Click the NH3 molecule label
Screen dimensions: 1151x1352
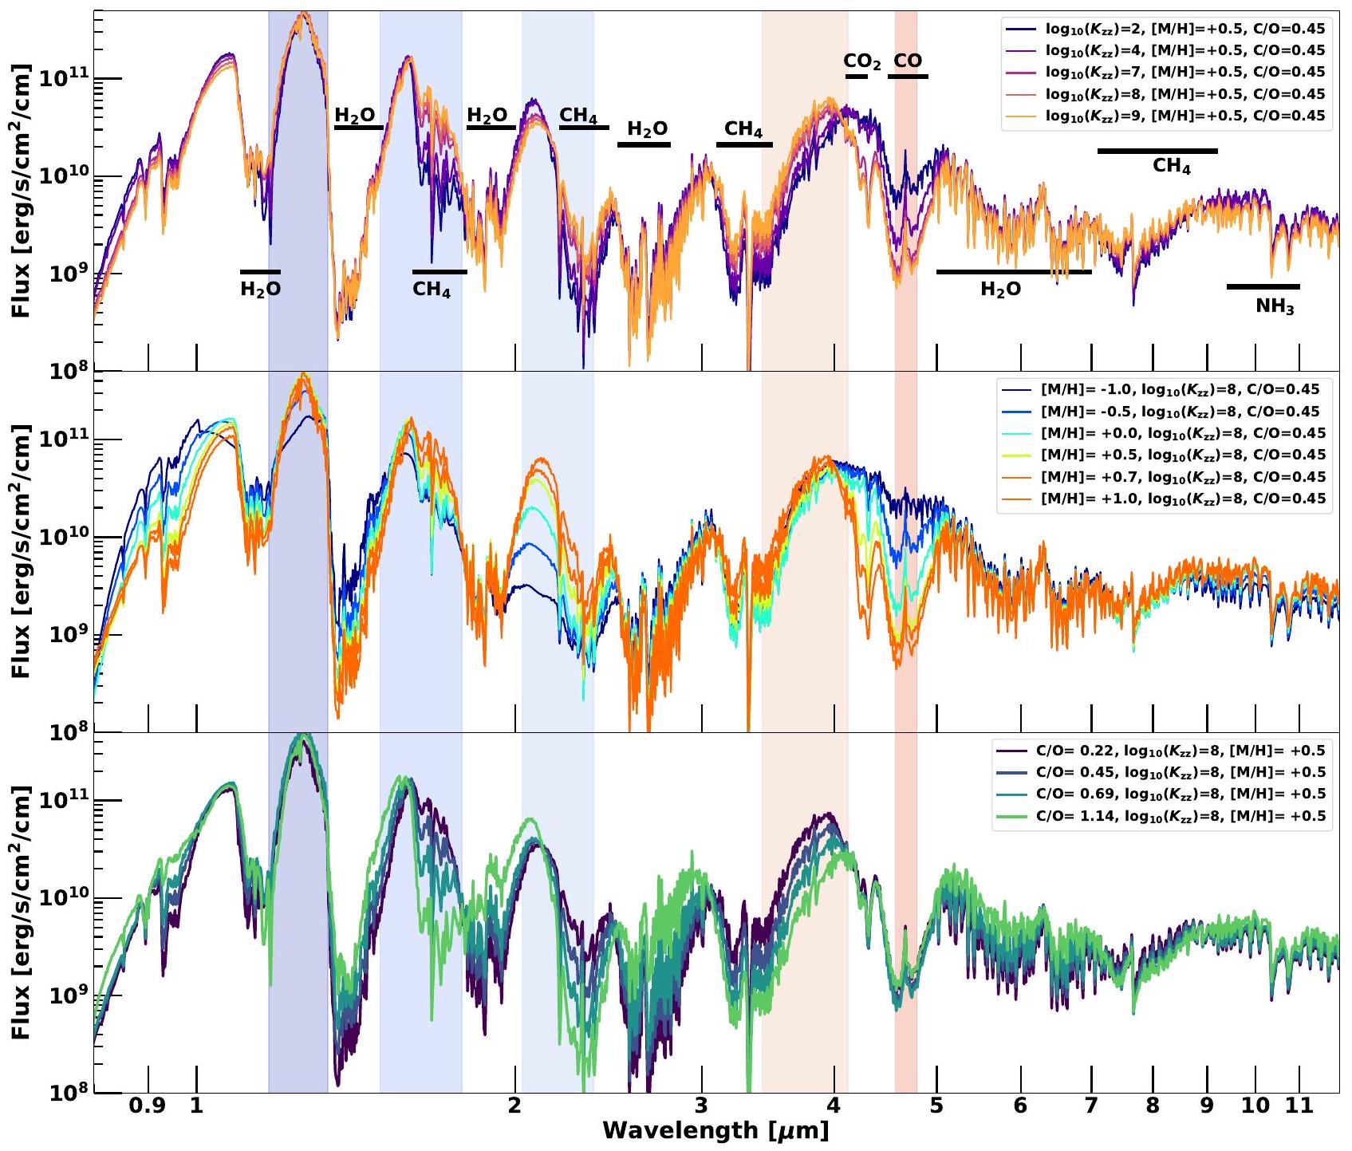coord(1275,307)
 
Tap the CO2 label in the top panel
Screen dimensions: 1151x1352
coord(861,61)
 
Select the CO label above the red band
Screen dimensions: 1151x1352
coord(908,61)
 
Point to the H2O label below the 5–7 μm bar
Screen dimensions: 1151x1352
coord(1000,290)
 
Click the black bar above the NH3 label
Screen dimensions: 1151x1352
coord(1263,286)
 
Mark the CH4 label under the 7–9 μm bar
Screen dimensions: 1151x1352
coord(1171,167)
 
